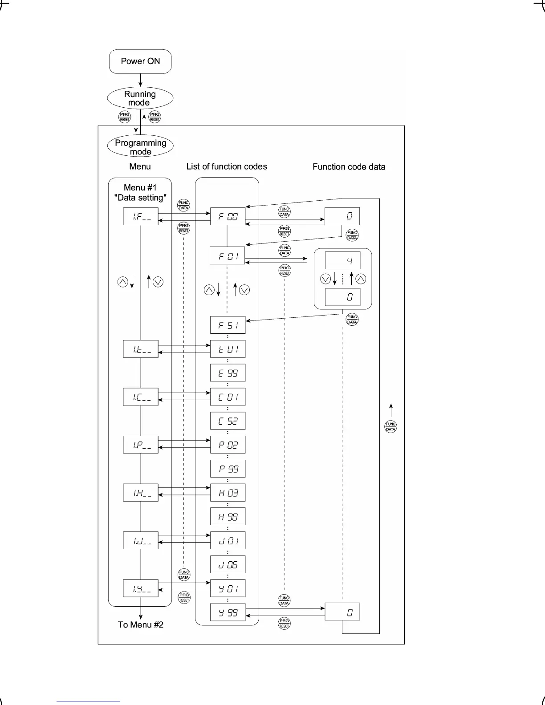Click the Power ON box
(140, 61)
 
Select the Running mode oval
(140, 98)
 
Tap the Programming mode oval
(140, 147)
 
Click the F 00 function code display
(228, 217)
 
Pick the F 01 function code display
(227, 256)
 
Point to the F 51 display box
(228, 325)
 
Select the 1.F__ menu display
(141, 217)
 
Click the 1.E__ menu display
(141, 349)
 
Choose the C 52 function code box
(228, 421)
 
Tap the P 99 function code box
(228, 469)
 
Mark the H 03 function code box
(228, 493)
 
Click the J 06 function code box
(228, 565)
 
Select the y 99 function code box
(228, 613)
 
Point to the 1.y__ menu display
(141, 589)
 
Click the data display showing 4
(342, 261)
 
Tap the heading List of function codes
(227, 166)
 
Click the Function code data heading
(349, 167)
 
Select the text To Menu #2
(141, 624)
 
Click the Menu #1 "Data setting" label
(140, 193)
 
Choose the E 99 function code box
(228, 373)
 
